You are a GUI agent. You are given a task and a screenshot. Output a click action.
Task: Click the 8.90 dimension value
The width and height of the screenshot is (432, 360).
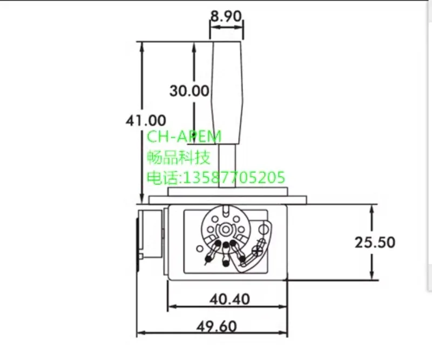pos(226,16)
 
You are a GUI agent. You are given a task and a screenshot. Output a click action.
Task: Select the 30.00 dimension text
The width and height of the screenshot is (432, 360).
pos(189,91)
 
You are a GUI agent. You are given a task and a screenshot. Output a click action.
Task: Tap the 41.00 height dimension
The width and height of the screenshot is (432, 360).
pos(146,120)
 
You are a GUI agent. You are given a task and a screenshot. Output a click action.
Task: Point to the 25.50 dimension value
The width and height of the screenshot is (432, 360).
pos(375,242)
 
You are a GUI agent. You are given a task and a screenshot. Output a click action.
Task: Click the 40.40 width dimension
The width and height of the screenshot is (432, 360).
pos(230,299)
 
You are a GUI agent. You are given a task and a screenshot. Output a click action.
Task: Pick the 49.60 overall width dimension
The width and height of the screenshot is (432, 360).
pos(217,327)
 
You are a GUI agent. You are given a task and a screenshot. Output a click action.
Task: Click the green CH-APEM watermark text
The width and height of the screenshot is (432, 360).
pos(184,137)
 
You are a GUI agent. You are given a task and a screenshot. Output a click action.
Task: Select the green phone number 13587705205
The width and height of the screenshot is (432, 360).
pos(234,177)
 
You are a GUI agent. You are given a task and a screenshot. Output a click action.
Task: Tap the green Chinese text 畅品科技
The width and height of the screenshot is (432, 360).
pos(179,157)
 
